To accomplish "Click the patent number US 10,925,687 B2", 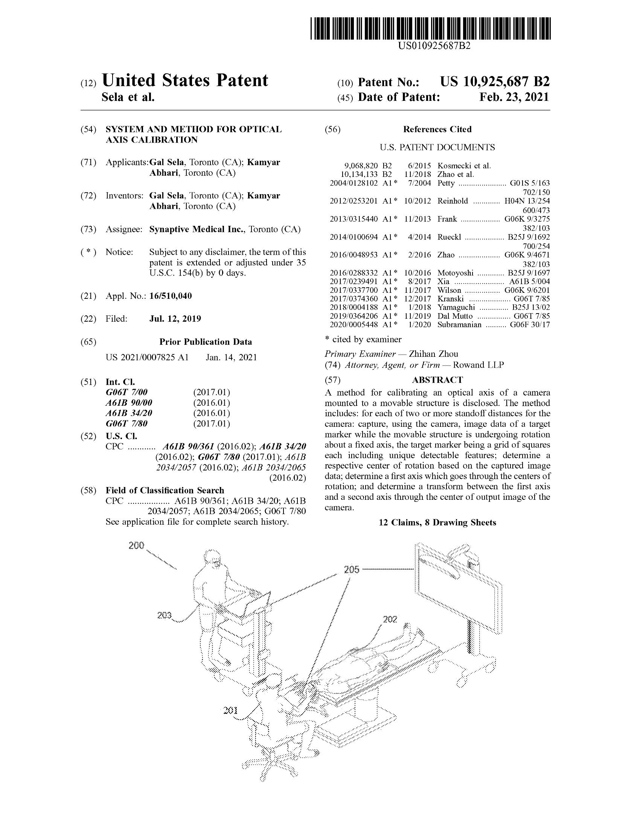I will pos(494,82).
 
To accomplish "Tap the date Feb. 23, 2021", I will pos(514,97).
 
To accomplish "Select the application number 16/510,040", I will pos(171,296).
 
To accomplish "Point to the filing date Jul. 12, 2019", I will pos(175,319).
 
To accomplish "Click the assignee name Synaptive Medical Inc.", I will pos(197,229).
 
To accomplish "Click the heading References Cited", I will pos(437,129).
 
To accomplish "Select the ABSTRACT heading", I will pos(437,380).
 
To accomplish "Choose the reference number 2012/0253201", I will pos(354,201).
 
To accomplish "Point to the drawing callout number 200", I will pos(136,546).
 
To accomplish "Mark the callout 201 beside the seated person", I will pos(230,710).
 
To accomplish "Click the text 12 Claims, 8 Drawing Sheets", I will pos(437,522).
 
